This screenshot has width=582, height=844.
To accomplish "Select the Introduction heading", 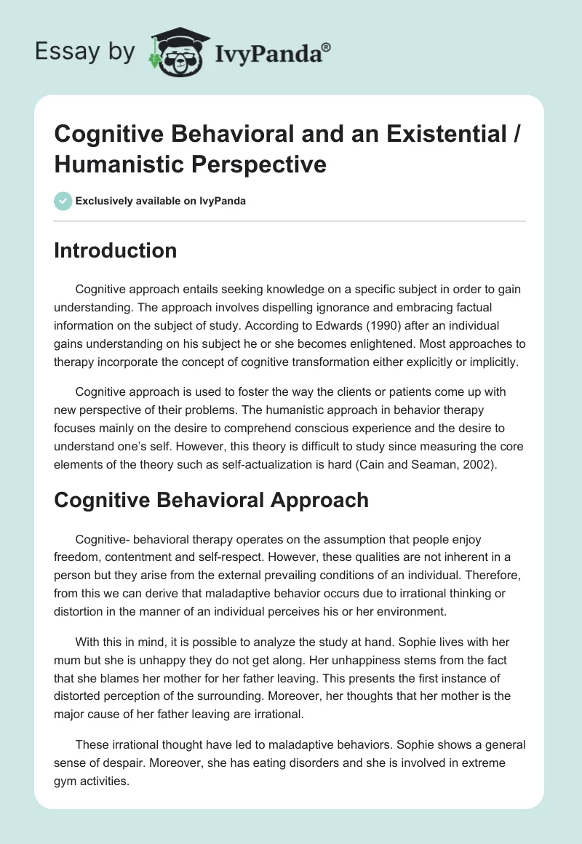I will click(x=115, y=250).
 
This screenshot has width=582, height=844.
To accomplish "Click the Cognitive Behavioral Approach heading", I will click(x=211, y=500).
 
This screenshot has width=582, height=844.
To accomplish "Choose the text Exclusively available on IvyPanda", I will click(x=160, y=201).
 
